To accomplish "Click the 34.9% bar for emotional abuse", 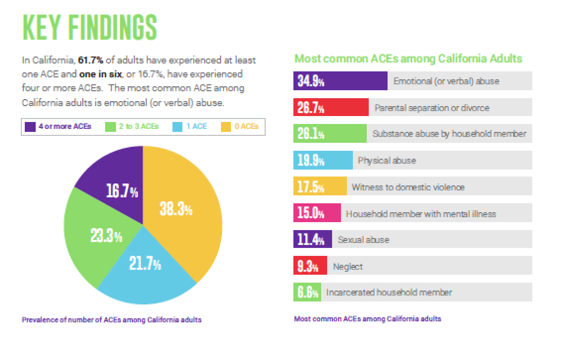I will (x=340, y=81).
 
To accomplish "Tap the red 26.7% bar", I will (x=331, y=108).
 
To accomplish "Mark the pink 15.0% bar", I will (x=317, y=214).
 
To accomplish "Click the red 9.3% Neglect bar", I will (x=310, y=266).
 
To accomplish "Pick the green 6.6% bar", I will (x=307, y=293).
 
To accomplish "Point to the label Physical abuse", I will (x=387, y=161).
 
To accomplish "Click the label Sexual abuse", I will (x=363, y=240).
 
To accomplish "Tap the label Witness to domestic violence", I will (x=408, y=187).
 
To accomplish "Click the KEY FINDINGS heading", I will (x=89, y=28).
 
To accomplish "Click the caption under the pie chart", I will (x=112, y=320).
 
